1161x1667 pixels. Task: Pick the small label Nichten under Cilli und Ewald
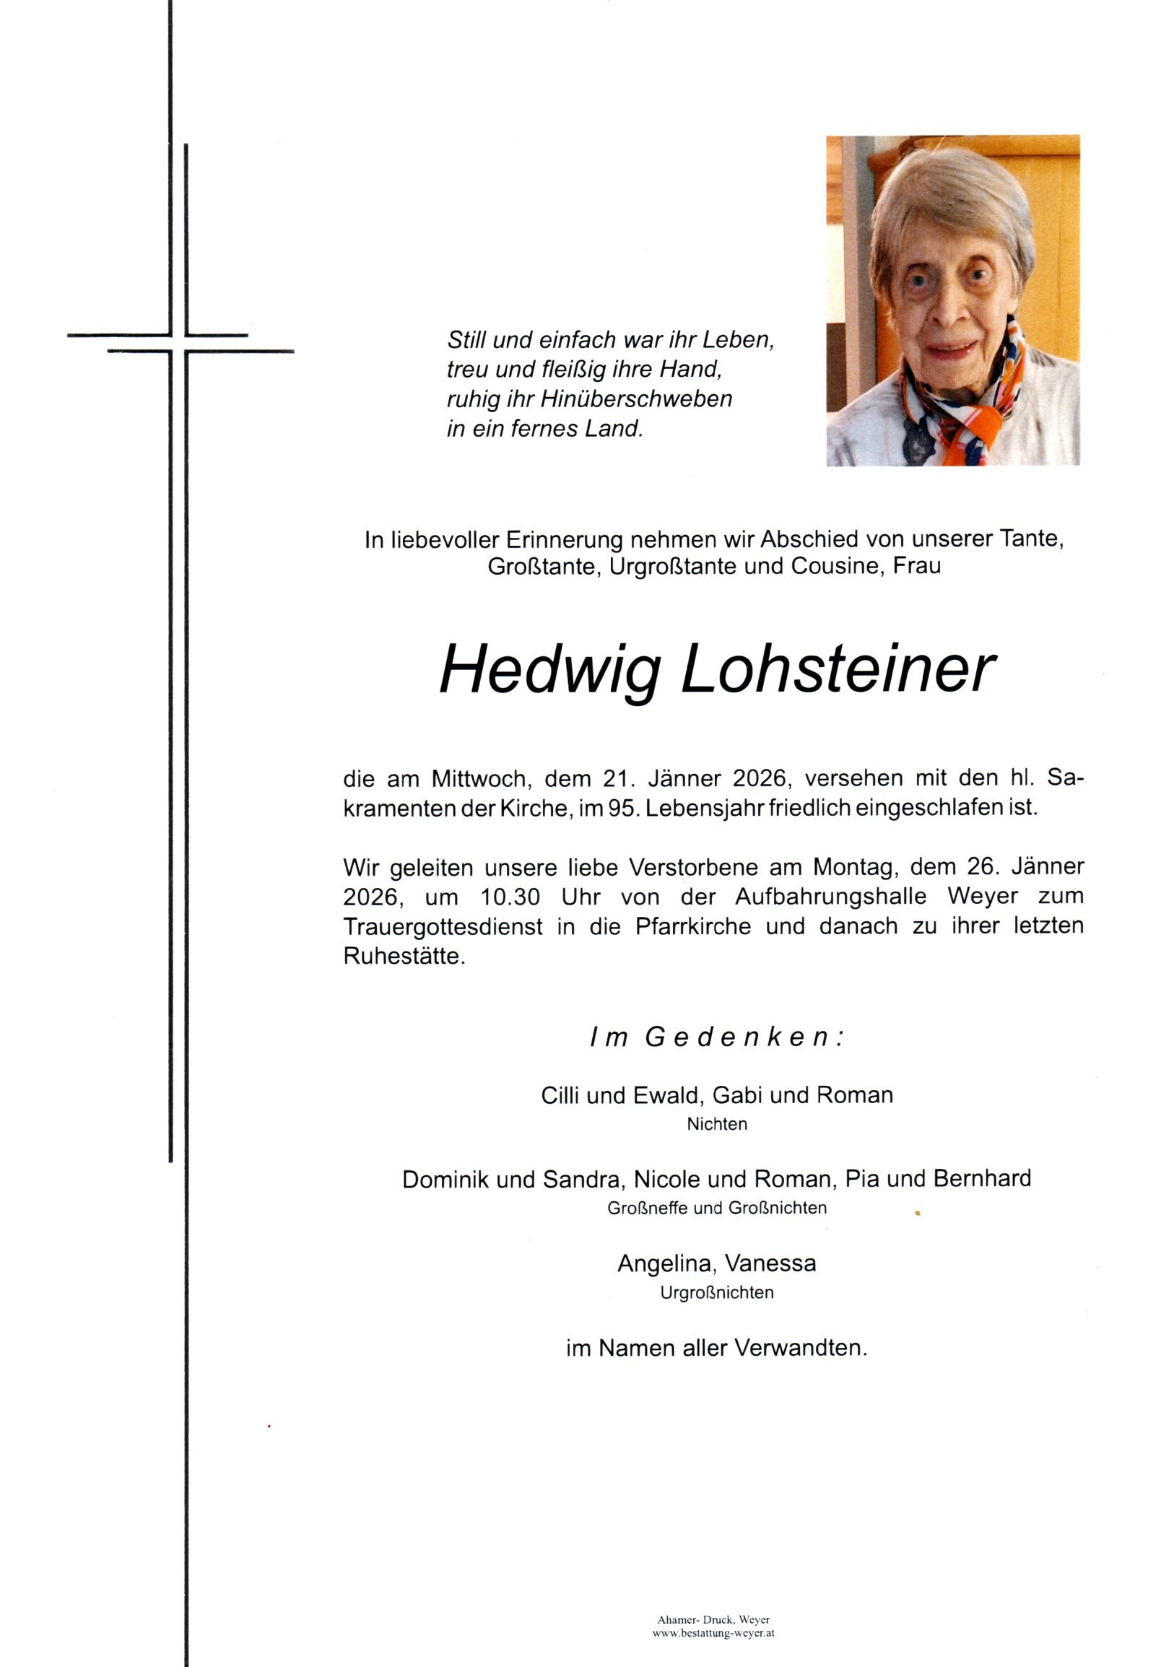(717, 1125)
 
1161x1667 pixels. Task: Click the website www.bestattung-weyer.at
(714, 1634)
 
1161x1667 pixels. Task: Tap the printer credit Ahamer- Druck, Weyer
(714, 1621)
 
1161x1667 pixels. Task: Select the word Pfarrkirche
(692, 927)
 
